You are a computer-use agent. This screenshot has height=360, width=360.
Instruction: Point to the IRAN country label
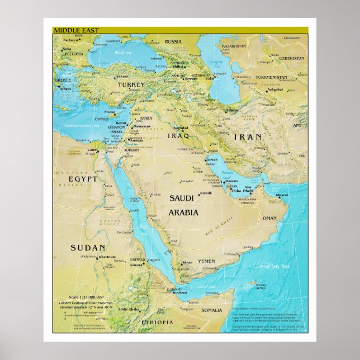(247, 136)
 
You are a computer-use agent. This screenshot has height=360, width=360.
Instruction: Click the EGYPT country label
(83, 179)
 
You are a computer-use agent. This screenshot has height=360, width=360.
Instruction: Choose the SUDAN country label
(88, 247)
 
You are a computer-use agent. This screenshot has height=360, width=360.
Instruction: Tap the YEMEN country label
(206, 261)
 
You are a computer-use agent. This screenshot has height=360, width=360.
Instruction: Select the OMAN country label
(269, 218)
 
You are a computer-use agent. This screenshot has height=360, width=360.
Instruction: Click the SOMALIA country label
(212, 310)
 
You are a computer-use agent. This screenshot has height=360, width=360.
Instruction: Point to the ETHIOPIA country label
(158, 323)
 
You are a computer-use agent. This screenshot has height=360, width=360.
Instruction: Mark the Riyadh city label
(206, 193)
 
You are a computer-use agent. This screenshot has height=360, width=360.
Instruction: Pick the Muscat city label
(282, 195)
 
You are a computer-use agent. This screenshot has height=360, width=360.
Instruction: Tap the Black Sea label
(122, 53)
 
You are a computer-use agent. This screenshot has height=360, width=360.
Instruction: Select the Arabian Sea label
(273, 266)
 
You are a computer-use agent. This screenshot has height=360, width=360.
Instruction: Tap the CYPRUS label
(102, 119)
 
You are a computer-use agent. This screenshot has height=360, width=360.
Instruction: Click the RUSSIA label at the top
(173, 41)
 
